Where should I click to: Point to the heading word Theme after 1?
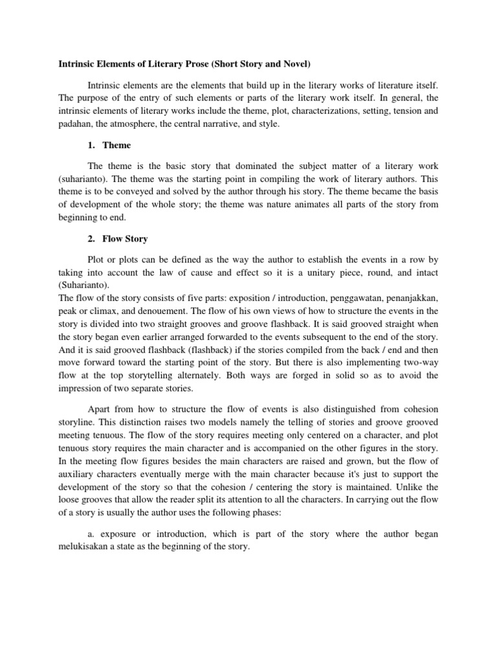pyautogui.click(x=116, y=145)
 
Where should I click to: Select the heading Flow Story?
pyautogui.click(x=125, y=239)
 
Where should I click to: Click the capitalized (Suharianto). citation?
pyautogui.click(x=85, y=285)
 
